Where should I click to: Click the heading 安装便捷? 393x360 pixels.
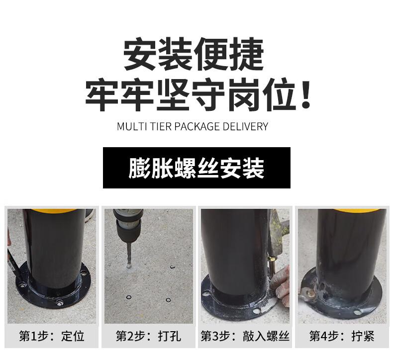pos(193,54)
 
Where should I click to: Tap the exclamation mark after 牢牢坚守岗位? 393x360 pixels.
pos(305,94)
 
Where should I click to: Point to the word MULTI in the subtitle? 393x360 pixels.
pos(132,126)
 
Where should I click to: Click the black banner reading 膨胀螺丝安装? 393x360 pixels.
pos(196,168)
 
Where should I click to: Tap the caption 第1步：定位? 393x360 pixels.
pos(52,336)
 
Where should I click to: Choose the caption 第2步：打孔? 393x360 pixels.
pos(148,336)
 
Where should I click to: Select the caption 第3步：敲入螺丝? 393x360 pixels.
pos(245,336)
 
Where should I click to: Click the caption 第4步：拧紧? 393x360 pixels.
pos(342,336)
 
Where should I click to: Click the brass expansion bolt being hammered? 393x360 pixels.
pos(272,265)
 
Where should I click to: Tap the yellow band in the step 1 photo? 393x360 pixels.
pos(56,211)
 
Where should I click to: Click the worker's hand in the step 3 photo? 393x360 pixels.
pos(281,285)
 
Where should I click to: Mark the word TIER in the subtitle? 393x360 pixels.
pos(160,126)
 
